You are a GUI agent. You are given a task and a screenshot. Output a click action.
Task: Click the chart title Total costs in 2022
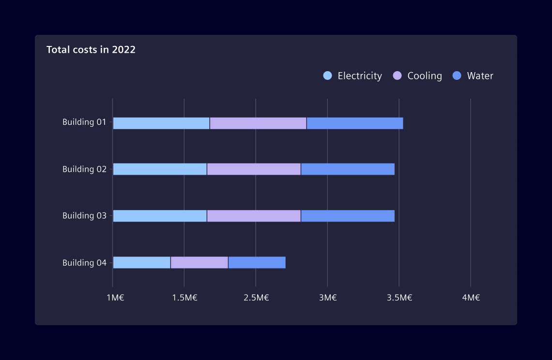point(91,49)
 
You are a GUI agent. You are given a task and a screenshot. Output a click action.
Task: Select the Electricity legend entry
point(353,76)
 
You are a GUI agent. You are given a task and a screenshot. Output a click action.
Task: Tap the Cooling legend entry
point(417,76)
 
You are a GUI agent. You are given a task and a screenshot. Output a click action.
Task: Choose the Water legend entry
point(473,76)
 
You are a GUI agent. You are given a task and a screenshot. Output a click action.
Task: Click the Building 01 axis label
point(84,122)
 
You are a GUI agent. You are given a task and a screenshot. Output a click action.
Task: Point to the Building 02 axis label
point(84,169)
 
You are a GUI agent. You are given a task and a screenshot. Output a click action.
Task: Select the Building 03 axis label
point(84,216)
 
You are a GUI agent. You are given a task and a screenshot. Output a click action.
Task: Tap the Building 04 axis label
point(84,263)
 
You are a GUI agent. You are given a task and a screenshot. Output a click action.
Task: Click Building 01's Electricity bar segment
point(161,123)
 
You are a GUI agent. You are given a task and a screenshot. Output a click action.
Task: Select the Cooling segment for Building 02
point(254,169)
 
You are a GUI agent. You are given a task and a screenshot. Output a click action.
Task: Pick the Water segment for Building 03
point(348,216)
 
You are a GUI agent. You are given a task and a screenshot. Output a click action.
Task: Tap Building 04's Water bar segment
point(257,263)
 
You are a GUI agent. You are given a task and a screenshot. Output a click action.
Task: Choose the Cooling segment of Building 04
point(199,263)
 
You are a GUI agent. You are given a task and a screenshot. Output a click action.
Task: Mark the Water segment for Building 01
point(354,123)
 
